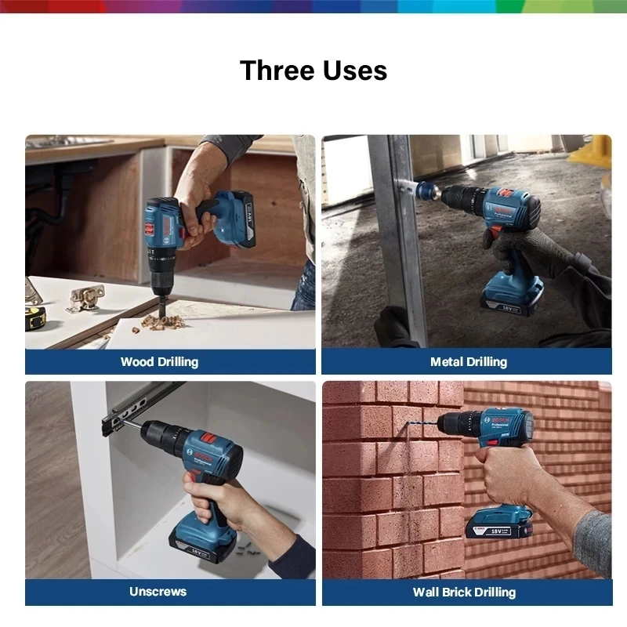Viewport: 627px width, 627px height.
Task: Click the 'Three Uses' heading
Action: (313, 71)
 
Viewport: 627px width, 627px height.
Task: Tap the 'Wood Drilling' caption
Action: (159, 361)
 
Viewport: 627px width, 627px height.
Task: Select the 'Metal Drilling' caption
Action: (468, 361)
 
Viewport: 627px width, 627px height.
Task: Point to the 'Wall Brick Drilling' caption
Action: (464, 592)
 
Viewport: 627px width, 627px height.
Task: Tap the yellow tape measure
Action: (34, 317)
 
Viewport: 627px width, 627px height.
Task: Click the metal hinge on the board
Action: (85, 296)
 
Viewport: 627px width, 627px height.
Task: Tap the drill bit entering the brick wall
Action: (419, 427)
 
